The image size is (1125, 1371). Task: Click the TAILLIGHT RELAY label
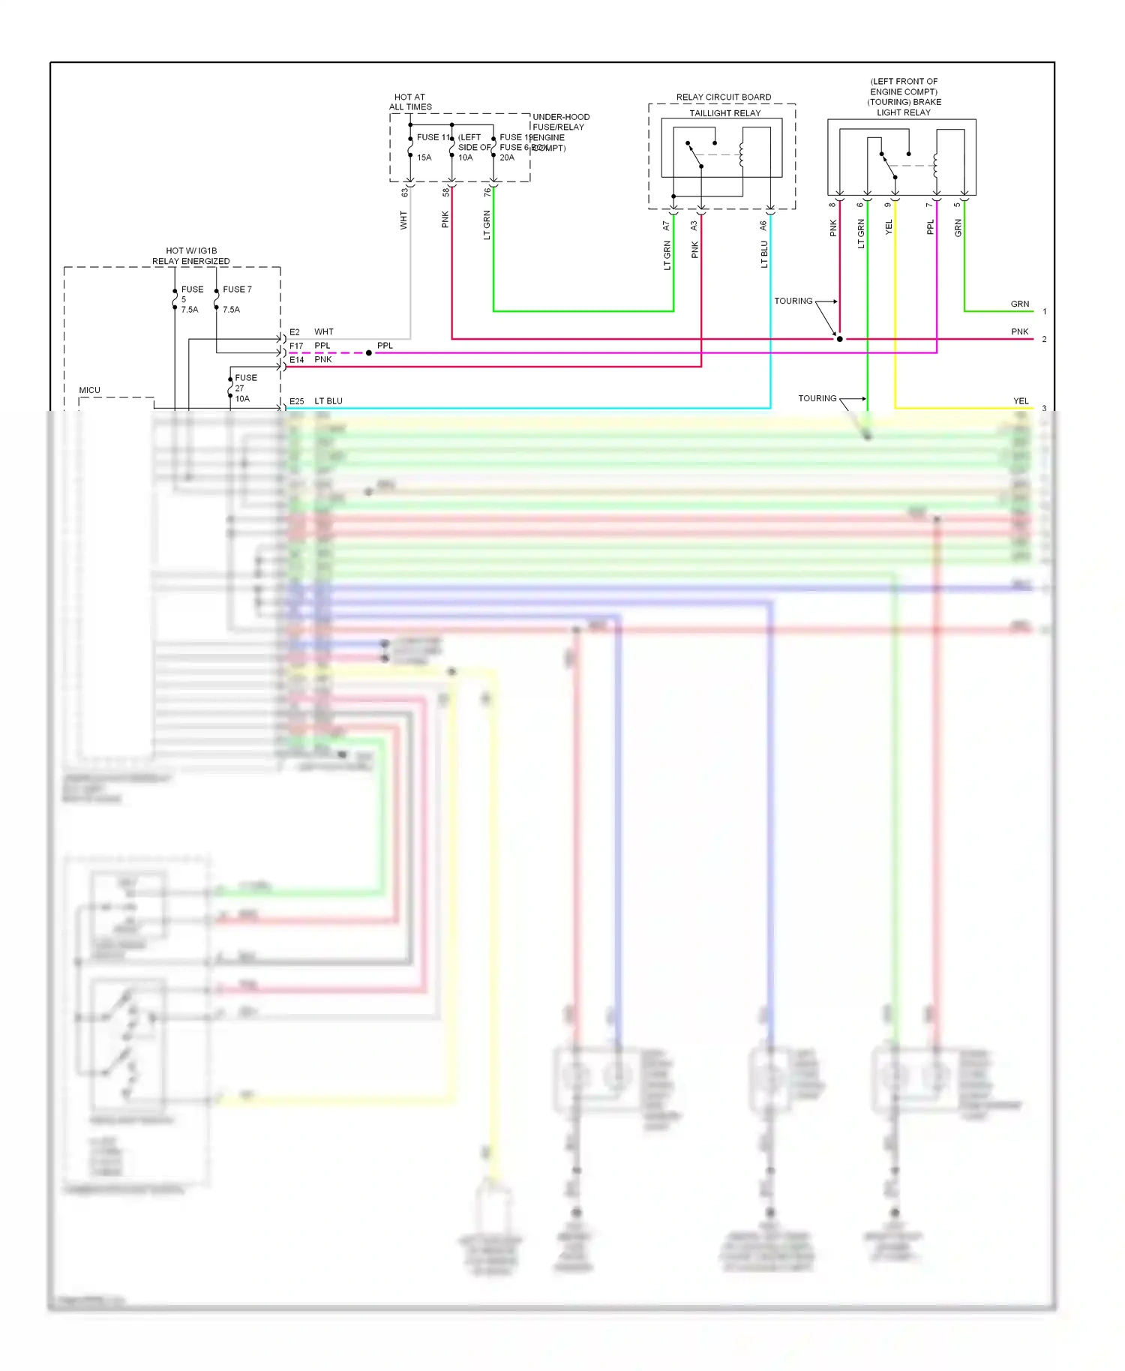[724, 113]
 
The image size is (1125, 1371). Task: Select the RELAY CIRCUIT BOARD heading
[723, 97]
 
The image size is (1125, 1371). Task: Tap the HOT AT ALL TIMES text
[409, 102]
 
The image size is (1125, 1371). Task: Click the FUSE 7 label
[237, 289]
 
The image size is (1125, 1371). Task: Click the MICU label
[89, 390]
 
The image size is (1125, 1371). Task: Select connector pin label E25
[296, 401]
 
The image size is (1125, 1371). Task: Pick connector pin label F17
[296, 346]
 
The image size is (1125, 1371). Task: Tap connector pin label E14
[296, 360]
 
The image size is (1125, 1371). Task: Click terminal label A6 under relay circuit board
[763, 225]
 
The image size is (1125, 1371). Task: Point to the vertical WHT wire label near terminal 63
[403, 220]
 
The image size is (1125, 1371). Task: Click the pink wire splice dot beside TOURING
[839, 339]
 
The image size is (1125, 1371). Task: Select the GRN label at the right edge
[1019, 304]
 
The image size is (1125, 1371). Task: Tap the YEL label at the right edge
[1021, 400]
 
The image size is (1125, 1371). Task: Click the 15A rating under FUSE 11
[424, 157]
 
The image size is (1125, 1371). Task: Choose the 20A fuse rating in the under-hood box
[507, 157]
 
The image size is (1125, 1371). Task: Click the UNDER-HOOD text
[560, 117]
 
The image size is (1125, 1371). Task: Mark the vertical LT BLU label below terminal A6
[764, 254]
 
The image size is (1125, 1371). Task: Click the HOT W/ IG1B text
[191, 250]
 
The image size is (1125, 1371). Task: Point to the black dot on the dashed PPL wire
[368, 352]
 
